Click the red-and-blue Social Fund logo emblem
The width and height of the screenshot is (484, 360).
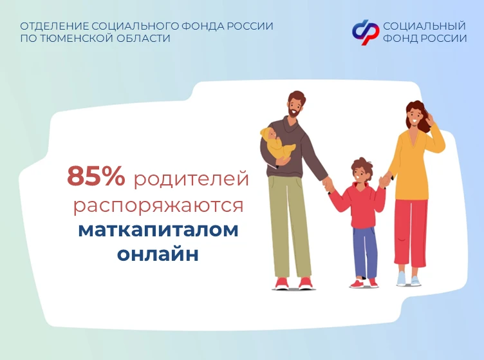coord(366,32)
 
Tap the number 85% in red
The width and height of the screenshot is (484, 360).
coord(96,176)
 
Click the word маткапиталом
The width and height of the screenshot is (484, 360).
coord(158,231)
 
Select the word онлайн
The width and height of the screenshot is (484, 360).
coord(158,254)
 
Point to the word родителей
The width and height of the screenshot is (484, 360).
coord(191,178)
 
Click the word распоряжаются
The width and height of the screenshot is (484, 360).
coord(158,205)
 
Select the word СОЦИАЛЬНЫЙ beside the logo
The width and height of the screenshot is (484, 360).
coord(424,26)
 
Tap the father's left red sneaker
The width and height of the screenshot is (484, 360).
coord(281,283)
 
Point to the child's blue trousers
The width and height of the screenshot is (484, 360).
coord(366,252)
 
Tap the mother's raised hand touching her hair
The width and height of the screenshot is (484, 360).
coord(430,119)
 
